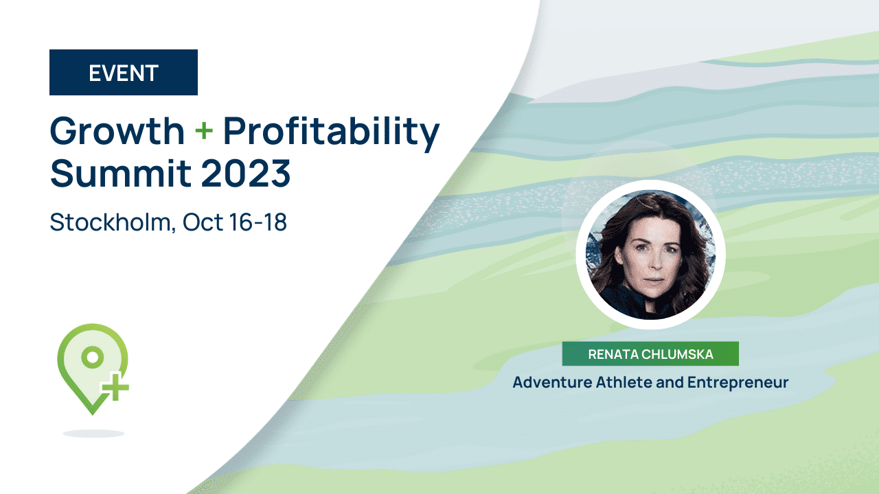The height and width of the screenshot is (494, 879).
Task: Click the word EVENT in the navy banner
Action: [124, 73]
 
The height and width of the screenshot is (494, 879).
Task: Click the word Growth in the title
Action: [117, 130]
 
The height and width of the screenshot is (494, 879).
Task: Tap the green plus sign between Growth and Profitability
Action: [204, 130]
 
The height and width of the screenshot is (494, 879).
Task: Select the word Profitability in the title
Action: [331, 133]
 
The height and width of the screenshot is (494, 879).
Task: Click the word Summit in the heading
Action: [121, 174]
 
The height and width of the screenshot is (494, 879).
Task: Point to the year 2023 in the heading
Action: [246, 174]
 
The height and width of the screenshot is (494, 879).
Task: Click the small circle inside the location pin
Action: [93, 357]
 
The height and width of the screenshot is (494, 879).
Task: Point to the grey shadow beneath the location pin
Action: [94, 433]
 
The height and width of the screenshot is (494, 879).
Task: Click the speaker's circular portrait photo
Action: [650, 255]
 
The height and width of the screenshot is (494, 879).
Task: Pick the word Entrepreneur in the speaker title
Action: [738, 383]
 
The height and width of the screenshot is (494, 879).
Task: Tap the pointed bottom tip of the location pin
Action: [93, 414]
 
